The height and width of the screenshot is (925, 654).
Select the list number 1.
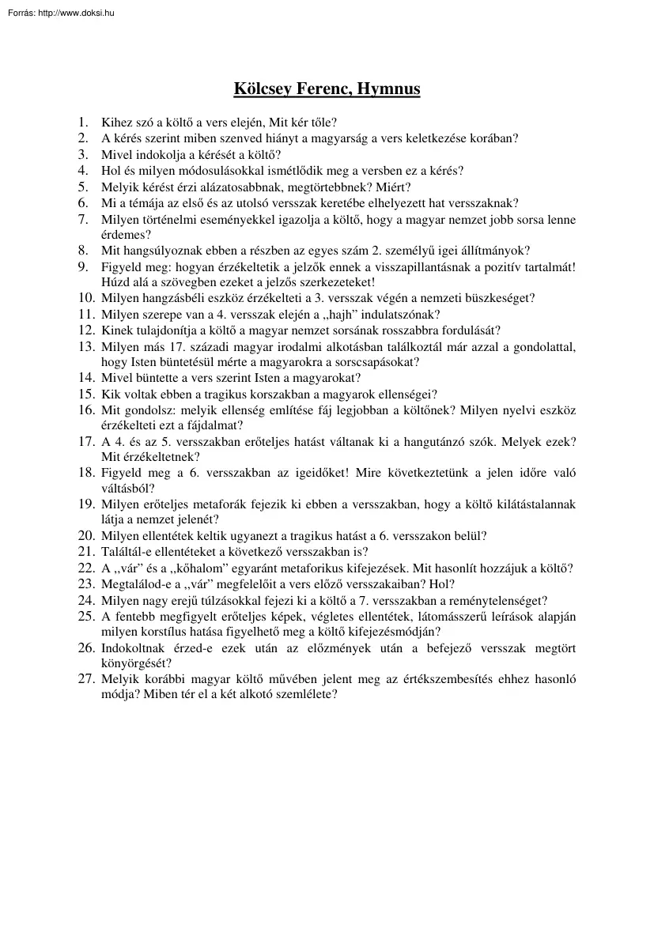pos(83,123)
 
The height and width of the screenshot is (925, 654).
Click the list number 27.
pos(86,680)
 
